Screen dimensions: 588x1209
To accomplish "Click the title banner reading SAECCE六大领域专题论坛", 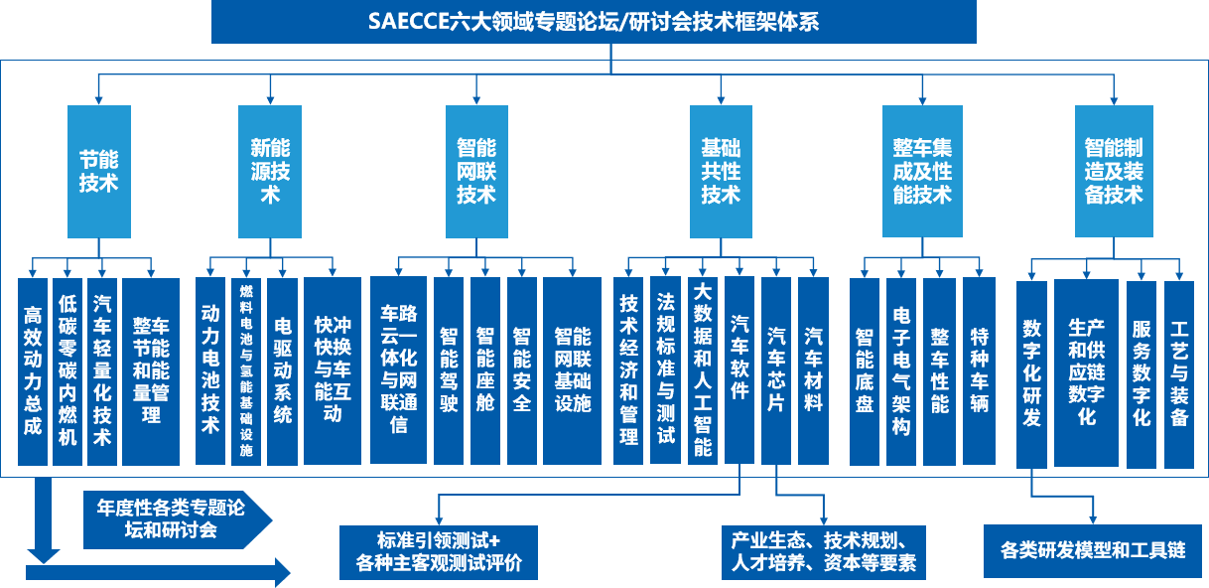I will pos(594,22).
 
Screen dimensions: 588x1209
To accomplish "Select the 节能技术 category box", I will pos(98,171).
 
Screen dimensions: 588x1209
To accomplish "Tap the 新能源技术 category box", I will pos(270,171).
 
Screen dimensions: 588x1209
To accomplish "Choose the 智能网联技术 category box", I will pos(476,171).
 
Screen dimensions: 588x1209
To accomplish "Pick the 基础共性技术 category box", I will pos(721,171).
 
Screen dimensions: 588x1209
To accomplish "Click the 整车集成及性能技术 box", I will pos(922,171).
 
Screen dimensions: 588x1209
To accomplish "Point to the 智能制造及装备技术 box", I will pos(1114,171).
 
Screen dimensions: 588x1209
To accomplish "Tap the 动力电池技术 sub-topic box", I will pos(209,370).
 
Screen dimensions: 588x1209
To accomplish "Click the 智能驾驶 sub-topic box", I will pos(449,370).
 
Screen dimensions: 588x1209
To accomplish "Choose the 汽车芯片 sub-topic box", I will pos(776,370).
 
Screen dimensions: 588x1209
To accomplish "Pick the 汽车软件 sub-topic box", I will pos(739,370).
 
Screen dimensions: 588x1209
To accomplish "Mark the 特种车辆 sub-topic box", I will pos(979,370).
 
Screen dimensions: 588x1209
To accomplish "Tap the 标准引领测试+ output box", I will pos(438,552).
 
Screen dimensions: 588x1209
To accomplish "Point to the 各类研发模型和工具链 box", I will pos(1093,549).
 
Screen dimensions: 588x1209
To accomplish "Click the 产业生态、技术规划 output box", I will pos(823,552).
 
